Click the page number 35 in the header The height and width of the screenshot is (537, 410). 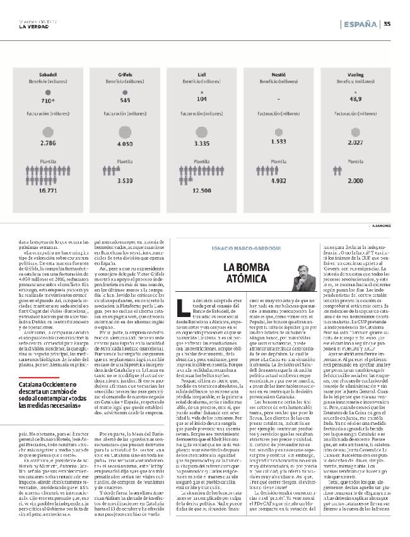pyautogui.click(x=387, y=25)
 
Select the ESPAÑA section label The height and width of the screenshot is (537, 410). pyautogui.click(x=360, y=25)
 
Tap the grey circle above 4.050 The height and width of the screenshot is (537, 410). pyautogui.click(x=125, y=129)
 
